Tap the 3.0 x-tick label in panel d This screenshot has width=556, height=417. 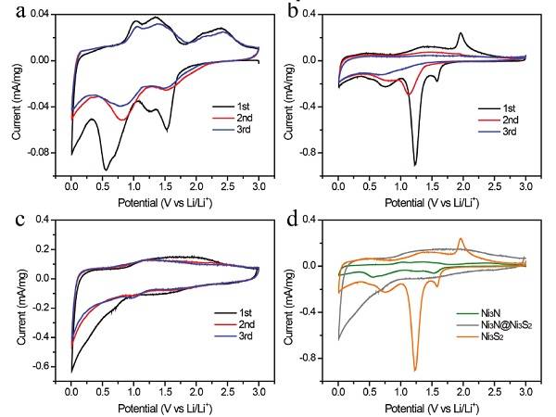pyautogui.click(x=525, y=392)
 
